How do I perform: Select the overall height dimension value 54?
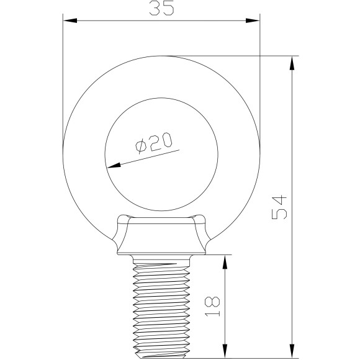[279, 207]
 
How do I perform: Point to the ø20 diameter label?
[152, 144]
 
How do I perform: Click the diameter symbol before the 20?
[141, 147]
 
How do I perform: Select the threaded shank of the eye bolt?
[161, 307]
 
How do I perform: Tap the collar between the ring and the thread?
[161, 239]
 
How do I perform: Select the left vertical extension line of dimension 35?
[63, 81]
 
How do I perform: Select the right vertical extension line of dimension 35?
[259, 81]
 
